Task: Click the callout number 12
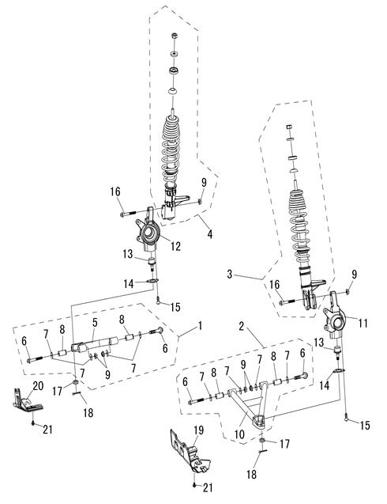pyautogui.click(x=175, y=246)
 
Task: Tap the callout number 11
pyautogui.click(x=363, y=323)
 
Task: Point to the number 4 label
pyautogui.click(x=210, y=234)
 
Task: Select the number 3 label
pyautogui.click(x=230, y=275)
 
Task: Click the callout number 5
pyautogui.click(x=95, y=323)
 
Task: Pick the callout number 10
pyautogui.click(x=239, y=434)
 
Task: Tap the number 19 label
pyautogui.click(x=199, y=430)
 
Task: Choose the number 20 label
pyautogui.click(x=38, y=385)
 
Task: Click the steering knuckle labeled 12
pyautogui.click(x=148, y=229)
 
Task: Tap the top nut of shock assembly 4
pyautogui.click(x=175, y=36)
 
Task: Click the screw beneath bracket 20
pyautogui.click(x=33, y=423)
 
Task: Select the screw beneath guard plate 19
pyautogui.click(x=194, y=485)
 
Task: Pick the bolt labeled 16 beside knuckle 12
pyautogui.click(x=128, y=214)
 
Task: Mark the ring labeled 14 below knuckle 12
pyautogui.click(x=152, y=282)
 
